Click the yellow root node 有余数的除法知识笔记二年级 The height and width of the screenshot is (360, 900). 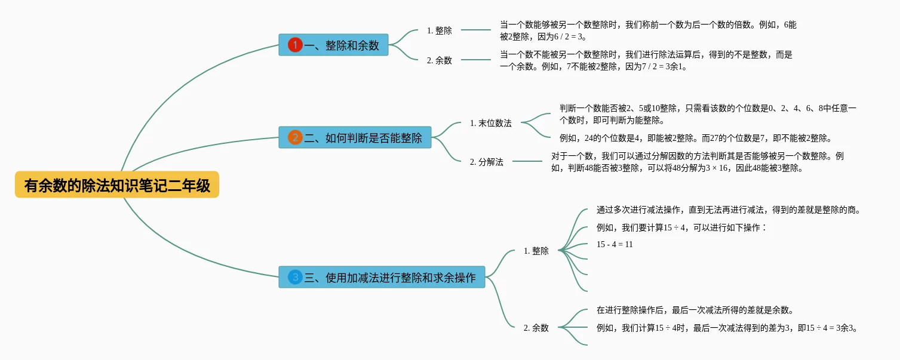tap(117, 185)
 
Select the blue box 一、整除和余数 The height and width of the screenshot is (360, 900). tap(333, 45)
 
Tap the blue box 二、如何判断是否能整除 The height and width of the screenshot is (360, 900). tap(355, 137)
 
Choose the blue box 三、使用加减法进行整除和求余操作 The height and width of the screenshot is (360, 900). tap(382, 277)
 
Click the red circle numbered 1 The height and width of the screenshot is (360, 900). tap(295, 45)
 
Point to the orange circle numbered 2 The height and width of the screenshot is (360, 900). tap(295, 137)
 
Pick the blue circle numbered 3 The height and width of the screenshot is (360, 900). tap(295, 277)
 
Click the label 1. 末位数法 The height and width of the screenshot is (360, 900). tap(490, 123)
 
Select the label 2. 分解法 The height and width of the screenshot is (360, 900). tap(486, 162)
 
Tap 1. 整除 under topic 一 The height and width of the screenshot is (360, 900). tap(439, 30)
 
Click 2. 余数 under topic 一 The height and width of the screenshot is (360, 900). tap(439, 60)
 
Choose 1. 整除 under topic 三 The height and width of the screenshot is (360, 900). tap(536, 251)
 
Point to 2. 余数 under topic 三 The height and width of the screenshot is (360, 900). tap(536, 327)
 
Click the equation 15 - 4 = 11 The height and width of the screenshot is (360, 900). tap(615, 244)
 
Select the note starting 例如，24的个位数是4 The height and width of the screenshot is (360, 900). tap(695, 138)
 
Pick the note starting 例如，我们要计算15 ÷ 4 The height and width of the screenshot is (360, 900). tap(681, 227)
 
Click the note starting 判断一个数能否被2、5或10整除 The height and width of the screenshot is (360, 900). tap(708, 114)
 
